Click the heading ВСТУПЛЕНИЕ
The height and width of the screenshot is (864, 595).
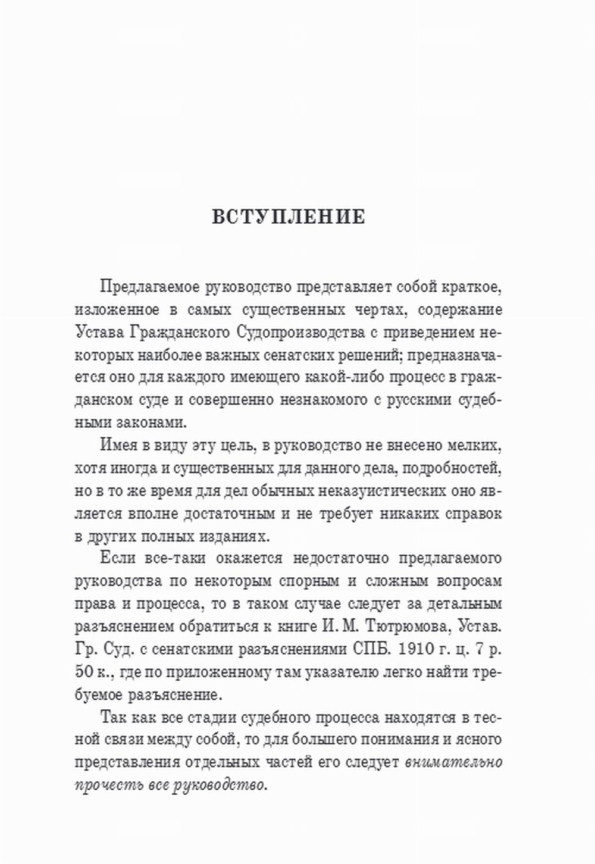pyautogui.click(x=289, y=217)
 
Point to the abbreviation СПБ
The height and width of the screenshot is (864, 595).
pyautogui.click(x=368, y=649)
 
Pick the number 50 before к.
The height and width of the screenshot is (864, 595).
pyautogui.click(x=84, y=672)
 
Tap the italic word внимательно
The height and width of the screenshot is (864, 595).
pyautogui.click(x=453, y=762)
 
